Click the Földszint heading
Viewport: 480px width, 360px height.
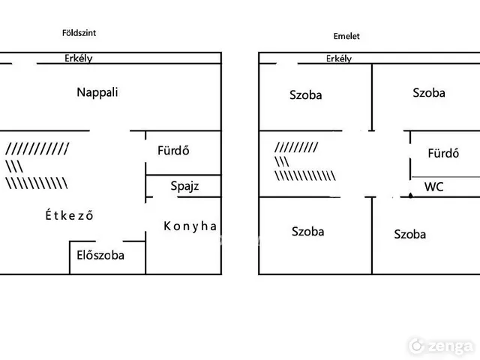(x=79, y=33)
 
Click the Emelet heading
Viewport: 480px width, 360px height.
(x=346, y=36)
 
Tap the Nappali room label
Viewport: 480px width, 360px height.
(x=97, y=92)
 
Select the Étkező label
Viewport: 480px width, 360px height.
(x=69, y=215)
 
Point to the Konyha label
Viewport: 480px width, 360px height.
(x=190, y=226)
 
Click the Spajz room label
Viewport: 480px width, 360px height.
(x=184, y=186)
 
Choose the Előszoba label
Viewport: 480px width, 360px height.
(x=100, y=255)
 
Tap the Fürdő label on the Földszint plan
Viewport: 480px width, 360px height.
(x=173, y=150)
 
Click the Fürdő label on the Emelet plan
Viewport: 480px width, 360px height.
(x=443, y=153)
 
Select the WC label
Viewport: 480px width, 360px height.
(x=433, y=187)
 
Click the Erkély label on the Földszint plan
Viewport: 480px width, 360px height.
(x=78, y=58)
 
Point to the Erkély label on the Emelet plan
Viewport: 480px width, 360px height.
(x=339, y=58)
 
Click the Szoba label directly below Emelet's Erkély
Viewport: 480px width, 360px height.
(x=305, y=95)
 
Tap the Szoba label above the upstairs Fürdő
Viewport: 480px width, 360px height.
(x=429, y=93)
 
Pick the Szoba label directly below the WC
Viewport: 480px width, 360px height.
(x=410, y=234)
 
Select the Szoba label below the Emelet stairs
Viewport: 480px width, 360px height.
(x=307, y=232)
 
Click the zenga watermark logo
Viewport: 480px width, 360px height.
(x=441, y=346)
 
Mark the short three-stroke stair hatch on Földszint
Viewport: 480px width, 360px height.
(x=14, y=166)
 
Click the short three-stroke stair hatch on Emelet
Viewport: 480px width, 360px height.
(x=282, y=161)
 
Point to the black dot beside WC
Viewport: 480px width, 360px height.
(x=410, y=195)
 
